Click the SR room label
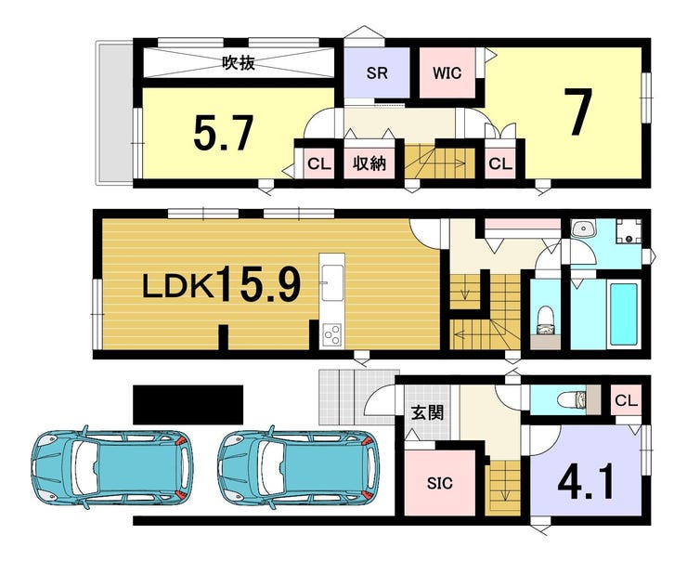click(x=377, y=72)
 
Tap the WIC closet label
click(x=447, y=72)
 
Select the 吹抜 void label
click(x=239, y=63)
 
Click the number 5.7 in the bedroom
click(x=224, y=133)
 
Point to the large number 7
click(x=577, y=111)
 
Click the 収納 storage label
click(x=369, y=163)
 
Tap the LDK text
click(x=177, y=287)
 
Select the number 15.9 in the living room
click(x=259, y=284)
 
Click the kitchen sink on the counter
click(x=333, y=283)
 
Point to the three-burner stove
click(x=332, y=335)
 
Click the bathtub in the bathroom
click(x=624, y=314)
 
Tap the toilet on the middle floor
click(x=545, y=320)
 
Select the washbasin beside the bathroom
click(x=583, y=229)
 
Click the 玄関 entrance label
click(x=427, y=412)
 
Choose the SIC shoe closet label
click(x=440, y=483)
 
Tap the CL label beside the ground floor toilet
click(x=626, y=400)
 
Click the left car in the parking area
click(x=111, y=466)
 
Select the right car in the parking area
click(x=297, y=466)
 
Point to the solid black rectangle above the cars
click(x=188, y=405)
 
